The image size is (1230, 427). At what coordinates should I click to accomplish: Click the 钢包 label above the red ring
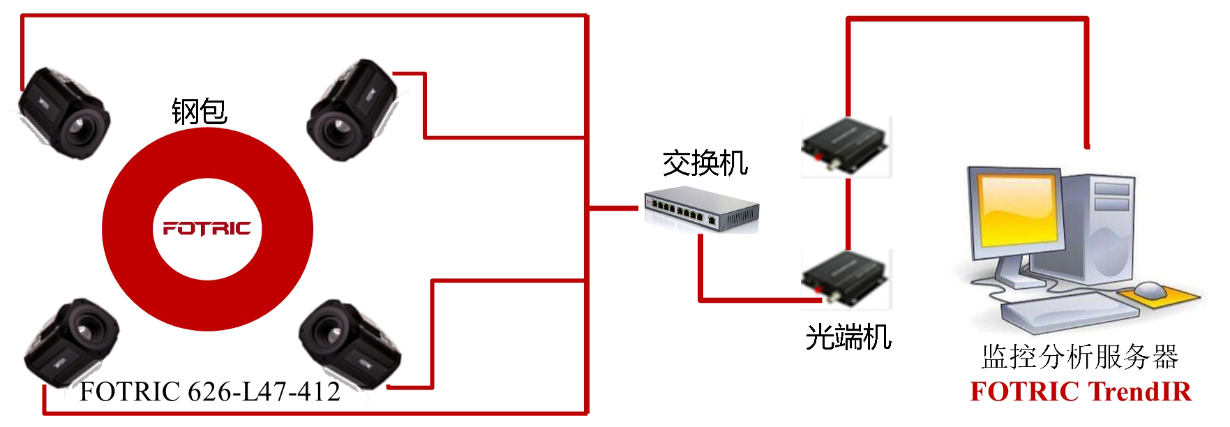[200, 112]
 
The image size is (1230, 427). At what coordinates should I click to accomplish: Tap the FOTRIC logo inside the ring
[207, 228]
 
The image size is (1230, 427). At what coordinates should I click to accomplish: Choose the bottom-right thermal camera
[350, 345]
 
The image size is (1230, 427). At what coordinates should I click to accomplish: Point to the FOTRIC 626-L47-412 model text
[210, 392]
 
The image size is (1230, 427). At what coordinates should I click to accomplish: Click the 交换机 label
[705, 163]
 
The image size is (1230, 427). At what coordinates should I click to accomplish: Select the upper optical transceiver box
[846, 146]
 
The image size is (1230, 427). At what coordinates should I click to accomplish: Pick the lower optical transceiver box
[846, 278]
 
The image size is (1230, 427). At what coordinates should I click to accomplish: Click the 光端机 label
[848, 337]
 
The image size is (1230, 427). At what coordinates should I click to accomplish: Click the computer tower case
[1096, 230]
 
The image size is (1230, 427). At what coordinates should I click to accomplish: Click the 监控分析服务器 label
[1079, 357]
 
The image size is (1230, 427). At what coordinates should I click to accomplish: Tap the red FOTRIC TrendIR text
[1081, 392]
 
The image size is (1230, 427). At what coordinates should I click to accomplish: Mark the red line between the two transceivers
[848, 213]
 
